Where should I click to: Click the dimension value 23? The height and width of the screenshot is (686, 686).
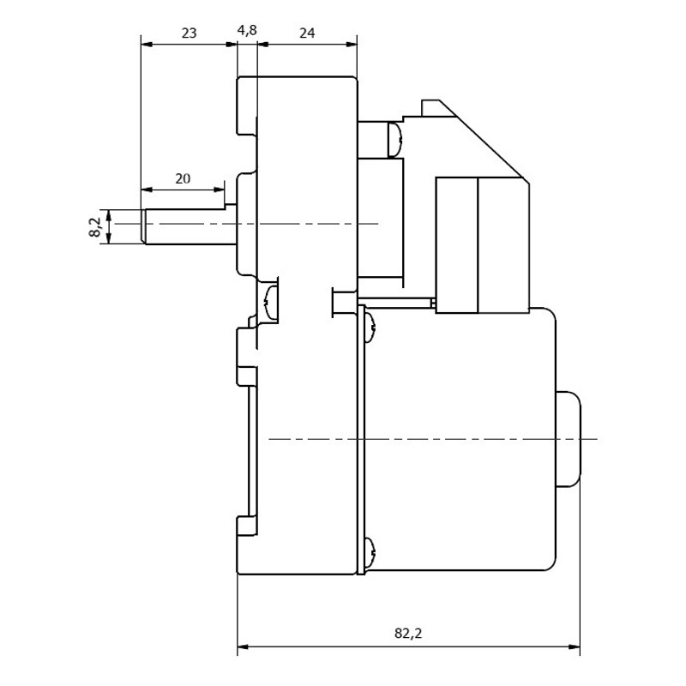189,33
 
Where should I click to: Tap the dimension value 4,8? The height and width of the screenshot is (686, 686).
247,31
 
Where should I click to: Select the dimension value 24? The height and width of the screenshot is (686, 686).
307,33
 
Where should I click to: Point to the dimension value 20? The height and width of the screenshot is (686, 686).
183,178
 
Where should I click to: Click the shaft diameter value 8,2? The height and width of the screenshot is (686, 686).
95,227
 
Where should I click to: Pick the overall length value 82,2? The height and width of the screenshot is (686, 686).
408,633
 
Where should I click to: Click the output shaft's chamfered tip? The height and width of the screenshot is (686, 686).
143,226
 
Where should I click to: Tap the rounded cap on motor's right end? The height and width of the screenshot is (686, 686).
569,439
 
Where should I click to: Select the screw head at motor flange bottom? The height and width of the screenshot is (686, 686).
370,553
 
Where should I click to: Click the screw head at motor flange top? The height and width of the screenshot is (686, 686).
370,328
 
